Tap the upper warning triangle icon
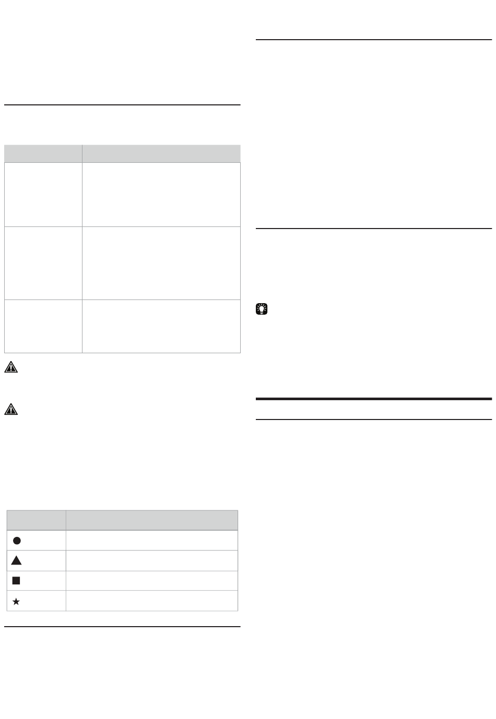pyautogui.click(x=11, y=367)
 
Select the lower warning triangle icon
pyautogui.click(x=11, y=410)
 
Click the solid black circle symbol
pyautogui.click(x=17, y=540)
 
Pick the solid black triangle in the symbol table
pyautogui.click(x=16, y=560)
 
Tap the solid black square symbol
pyautogui.click(x=16, y=580)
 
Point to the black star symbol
pyautogui.click(x=16, y=602)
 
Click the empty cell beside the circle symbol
pyautogui.click(x=151, y=541)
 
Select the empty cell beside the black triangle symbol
pyautogui.click(x=151, y=560)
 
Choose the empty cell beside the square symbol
pyautogui.click(x=151, y=581)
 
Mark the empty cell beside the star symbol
pyautogui.click(x=151, y=601)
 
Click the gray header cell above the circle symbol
pyautogui.click(x=36, y=520)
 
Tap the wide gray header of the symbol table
pyautogui.click(x=151, y=520)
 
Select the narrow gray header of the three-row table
pyautogui.click(x=43, y=153)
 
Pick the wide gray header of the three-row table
pyautogui.click(x=161, y=153)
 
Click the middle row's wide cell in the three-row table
pyautogui.click(x=161, y=263)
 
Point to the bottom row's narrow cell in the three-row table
pyautogui.click(x=43, y=326)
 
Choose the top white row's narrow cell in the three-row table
pyautogui.click(x=43, y=195)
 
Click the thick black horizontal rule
pyautogui.click(x=374, y=399)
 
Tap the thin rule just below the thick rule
pyautogui.click(x=374, y=419)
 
